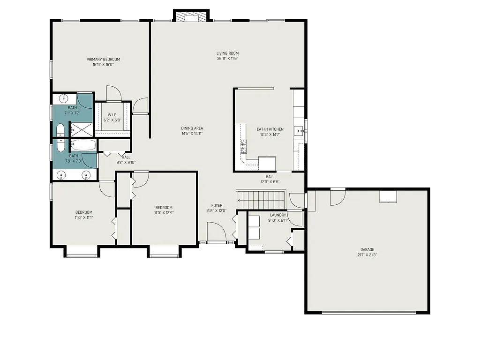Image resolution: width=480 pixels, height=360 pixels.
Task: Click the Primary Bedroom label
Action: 103,60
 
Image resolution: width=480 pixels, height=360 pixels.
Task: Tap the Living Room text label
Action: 228,53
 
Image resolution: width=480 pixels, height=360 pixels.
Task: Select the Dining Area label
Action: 192,128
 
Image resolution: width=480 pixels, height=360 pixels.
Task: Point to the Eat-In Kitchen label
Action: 270,129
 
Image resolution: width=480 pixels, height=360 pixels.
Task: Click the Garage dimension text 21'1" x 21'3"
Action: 367,255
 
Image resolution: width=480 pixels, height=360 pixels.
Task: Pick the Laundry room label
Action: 278,215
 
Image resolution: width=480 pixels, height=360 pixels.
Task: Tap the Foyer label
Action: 217,205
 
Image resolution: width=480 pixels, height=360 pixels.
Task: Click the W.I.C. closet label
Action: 112,115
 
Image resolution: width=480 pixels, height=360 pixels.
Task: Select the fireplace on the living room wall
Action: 191,17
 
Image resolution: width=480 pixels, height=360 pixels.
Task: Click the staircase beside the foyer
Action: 261,200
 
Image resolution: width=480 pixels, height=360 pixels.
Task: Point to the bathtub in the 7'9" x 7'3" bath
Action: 83,145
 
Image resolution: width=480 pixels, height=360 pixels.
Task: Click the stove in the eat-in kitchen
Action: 244,146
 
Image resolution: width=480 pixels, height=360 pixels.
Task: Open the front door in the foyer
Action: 216,233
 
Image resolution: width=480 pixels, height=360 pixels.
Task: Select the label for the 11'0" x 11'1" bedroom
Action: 83,212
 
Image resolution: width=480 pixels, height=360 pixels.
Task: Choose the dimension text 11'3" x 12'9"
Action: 164,213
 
